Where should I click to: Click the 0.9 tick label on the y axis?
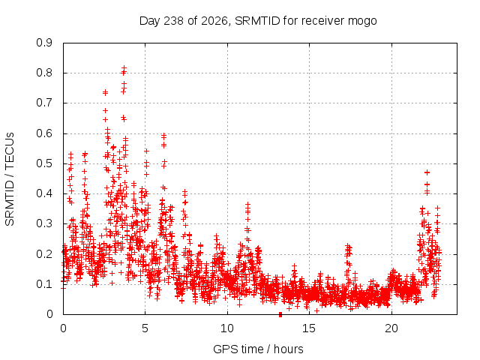point(44,43)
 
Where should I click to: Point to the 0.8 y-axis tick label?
point(44,73)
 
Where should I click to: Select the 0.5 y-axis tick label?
point(44,163)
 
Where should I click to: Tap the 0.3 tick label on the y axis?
point(44,223)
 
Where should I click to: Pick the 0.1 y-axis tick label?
point(44,284)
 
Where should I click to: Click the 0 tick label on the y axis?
point(49,314)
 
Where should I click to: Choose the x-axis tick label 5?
point(145,328)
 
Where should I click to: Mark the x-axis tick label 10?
point(227,328)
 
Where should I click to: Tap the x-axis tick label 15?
point(309,328)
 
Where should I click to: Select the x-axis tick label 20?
point(391,328)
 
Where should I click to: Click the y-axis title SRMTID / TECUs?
point(10,179)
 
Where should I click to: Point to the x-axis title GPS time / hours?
point(258,349)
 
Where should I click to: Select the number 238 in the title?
point(173,21)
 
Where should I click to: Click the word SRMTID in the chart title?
point(257,21)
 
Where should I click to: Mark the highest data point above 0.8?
point(124,67)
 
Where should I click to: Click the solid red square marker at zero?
point(280,314)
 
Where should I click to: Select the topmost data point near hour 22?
point(427,172)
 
